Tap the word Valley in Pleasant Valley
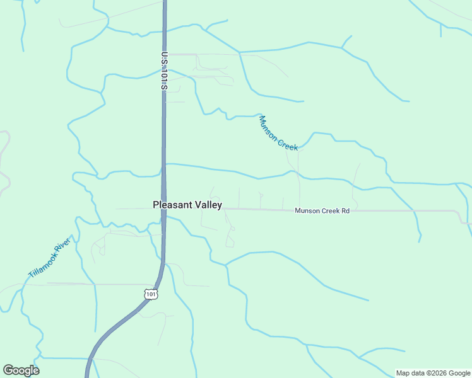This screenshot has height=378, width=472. pos(206,205)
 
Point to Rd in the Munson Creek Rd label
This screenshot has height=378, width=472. pos(345,210)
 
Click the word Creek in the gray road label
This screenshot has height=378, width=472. pos(330,210)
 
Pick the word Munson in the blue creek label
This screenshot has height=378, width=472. pos(268,128)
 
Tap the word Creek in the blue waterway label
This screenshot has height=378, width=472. pos(287,144)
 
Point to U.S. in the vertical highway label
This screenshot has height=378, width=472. pos(164,59)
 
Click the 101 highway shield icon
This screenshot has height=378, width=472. pos(150,294)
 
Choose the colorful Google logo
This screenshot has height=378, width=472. pos(21,370)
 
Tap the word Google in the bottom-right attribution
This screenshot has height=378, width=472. pos(459,373)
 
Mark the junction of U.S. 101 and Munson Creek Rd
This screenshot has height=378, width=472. pos(164,209)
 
